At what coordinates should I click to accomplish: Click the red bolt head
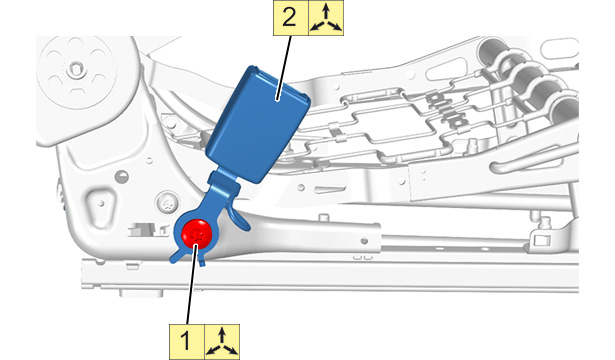[197, 234]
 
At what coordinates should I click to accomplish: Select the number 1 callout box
[187, 342]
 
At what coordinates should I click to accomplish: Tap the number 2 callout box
[291, 18]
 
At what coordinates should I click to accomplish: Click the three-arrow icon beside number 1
[222, 342]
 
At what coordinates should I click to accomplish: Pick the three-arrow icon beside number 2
[326, 18]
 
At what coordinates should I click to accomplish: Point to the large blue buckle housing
[258, 124]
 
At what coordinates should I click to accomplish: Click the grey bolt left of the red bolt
[167, 203]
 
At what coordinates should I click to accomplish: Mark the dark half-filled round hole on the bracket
[122, 176]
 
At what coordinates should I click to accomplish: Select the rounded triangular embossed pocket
[101, 205]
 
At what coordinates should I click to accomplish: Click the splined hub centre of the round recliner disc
[75, 70]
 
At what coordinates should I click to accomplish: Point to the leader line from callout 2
[285, 67]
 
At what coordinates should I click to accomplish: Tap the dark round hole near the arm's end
[364, 240]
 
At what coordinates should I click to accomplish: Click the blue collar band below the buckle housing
[224, 180]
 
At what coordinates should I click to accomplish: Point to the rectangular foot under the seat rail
[141, 294]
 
